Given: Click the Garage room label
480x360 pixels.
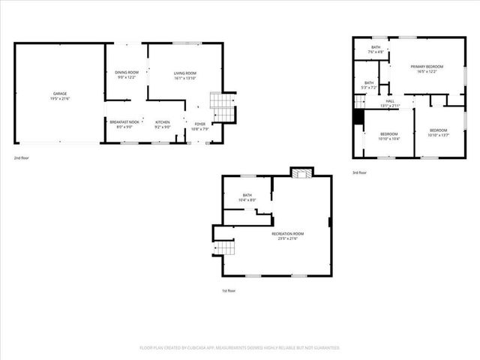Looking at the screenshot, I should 60,96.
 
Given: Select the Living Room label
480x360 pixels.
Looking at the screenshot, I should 184,75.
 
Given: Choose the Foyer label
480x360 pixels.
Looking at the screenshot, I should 199,126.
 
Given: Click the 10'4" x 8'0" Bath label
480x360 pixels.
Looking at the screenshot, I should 247,197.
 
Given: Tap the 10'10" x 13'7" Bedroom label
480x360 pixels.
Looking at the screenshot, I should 437,133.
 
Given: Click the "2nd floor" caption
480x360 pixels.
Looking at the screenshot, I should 22,158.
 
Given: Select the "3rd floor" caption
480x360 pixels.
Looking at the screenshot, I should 361,172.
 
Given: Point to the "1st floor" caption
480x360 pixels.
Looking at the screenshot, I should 229,290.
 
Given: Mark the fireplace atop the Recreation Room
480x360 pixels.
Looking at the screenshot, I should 301,174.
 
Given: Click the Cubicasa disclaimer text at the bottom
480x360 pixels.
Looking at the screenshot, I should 240,348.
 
